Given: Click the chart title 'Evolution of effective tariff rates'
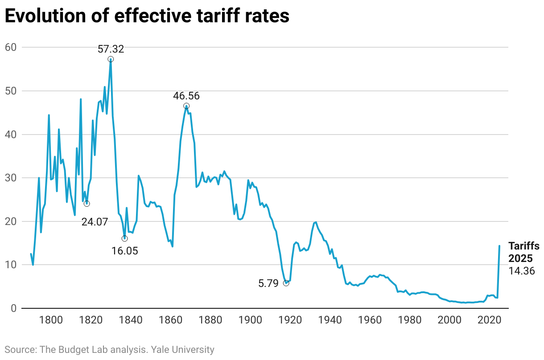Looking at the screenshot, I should [147, 16].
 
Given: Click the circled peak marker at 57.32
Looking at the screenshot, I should [111, 59].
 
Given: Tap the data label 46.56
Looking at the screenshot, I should [186, 96].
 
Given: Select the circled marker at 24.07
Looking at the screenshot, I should [87, 204].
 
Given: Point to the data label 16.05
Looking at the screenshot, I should [124, 251].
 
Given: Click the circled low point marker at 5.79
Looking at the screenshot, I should [286, 283].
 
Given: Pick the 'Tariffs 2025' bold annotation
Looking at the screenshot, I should [524, 252].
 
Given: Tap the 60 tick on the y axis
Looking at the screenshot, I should [12, 47].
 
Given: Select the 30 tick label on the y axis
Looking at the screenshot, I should [12, 178].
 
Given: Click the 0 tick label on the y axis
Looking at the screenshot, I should [14, 308].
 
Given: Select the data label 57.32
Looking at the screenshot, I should [111, 49].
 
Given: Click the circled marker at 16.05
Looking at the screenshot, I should [124, 238].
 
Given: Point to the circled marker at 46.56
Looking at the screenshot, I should [186, 106].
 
